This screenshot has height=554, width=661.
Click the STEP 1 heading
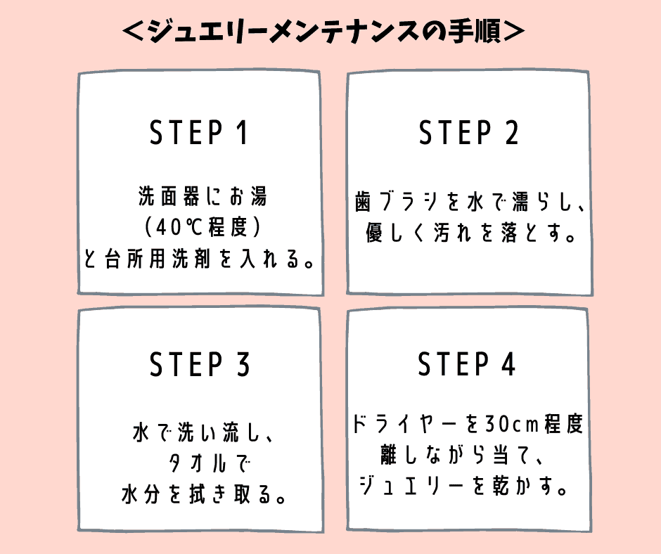pos(200,133)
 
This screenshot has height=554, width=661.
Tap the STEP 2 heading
pos(468,133)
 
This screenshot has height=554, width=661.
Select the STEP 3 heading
pos(200,365)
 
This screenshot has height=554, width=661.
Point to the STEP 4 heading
pos(467,365)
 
